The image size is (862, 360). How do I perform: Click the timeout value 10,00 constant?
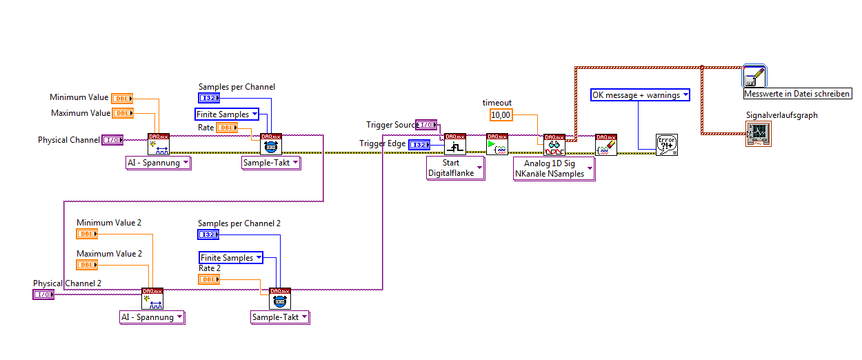(501, 115)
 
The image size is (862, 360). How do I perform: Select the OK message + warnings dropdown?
(641, 94)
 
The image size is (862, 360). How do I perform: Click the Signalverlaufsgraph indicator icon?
(758, 133)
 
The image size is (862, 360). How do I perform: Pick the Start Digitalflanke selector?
(455, 168)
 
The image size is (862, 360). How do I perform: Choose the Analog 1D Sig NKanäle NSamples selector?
(554, 168)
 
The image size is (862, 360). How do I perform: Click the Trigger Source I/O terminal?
(426, 125)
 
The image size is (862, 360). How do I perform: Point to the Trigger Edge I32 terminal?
(419, 144)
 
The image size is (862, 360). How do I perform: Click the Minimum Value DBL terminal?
(122, 99)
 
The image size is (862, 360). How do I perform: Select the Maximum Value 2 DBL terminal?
(87, 265)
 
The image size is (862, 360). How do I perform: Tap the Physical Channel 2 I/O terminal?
(43, 294)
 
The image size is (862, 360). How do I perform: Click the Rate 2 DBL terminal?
(209, 279)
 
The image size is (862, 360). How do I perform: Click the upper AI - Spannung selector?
(158, 163)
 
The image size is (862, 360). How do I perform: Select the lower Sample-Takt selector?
(279, 317)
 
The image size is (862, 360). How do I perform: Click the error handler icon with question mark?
(667, 145)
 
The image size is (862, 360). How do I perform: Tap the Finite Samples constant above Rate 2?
(231, 258)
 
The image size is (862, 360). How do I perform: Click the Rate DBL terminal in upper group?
(227, 128)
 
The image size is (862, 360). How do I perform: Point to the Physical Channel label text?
(68, 140)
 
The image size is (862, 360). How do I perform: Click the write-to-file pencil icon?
(754, 77)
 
